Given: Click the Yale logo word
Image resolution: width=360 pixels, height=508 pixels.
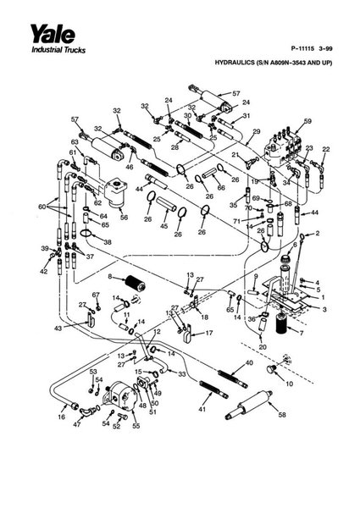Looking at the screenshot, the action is [53, 34].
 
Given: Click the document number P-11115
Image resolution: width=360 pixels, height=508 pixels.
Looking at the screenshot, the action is [303, 49].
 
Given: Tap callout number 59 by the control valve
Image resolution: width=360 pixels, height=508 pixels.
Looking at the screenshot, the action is [307, 121].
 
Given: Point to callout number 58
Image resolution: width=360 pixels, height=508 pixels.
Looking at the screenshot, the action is [282, 414].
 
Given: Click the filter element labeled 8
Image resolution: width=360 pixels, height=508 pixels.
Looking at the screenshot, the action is [136, 283].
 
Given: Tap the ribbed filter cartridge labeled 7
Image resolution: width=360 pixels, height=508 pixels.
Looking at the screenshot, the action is [282, 324].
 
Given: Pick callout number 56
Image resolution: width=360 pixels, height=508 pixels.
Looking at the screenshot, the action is [125, 218].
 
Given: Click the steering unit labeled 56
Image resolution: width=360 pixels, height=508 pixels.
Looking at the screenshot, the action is [116, 193].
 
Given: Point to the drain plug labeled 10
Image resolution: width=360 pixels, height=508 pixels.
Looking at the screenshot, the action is [270, 369].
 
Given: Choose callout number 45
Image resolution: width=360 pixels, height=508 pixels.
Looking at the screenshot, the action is [164, 225].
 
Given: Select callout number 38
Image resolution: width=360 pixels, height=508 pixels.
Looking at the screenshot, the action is [108, 242].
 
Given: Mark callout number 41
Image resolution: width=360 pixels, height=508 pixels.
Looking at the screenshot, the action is [202, 409].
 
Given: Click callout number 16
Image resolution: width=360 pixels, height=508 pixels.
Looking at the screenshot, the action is [61, 417].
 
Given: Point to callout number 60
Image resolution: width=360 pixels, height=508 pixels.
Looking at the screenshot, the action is [42, 207].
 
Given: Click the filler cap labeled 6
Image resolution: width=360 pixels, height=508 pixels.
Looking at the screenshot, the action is [286, 260].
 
